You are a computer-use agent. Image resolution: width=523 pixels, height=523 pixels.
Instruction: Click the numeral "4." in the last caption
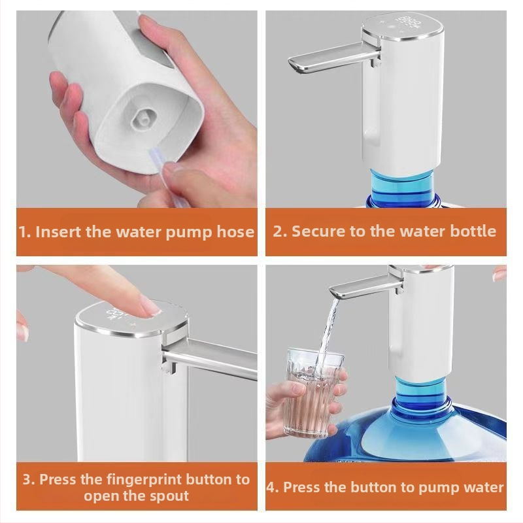273,488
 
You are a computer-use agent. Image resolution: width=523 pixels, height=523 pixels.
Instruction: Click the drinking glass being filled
314,393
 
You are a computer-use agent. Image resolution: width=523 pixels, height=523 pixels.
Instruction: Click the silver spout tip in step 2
294,64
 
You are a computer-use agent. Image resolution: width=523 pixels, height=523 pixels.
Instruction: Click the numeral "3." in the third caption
29,480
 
